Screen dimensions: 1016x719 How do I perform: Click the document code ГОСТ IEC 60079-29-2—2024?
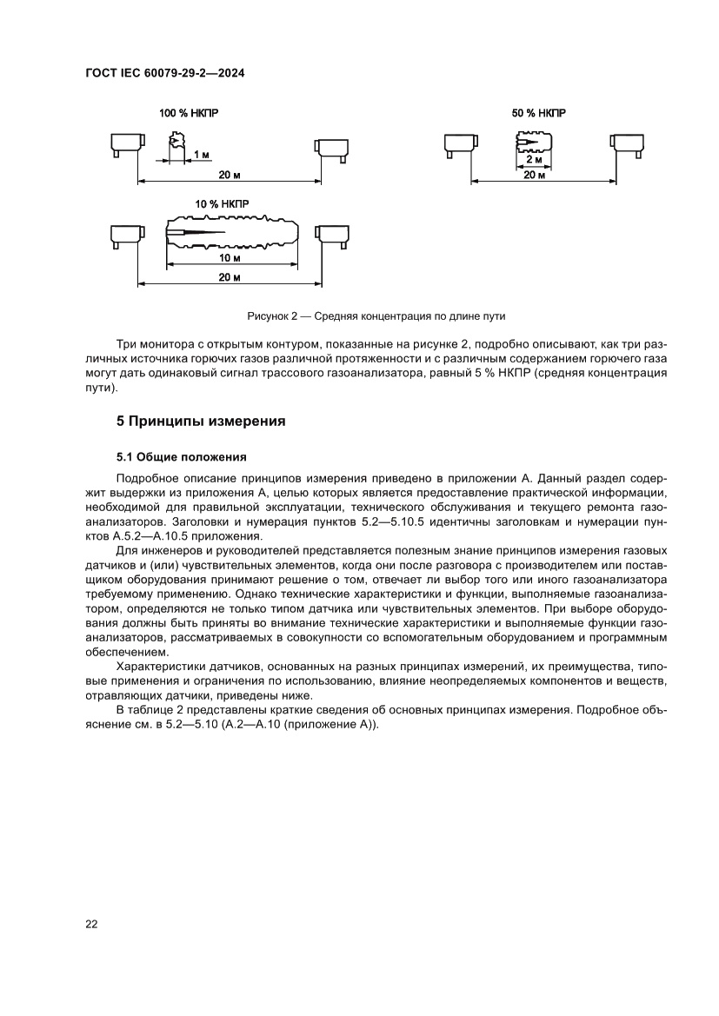click(x=164, y=75)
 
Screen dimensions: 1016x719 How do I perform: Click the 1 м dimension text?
click(x=201, y=154)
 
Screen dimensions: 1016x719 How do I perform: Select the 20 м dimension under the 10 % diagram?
click(x=229, y=276)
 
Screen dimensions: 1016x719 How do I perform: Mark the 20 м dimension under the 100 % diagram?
click(x=230, y=175)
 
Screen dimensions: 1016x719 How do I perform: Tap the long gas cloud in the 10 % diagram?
click(x=233, y=234)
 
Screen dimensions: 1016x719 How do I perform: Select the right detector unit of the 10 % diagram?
click(x=331, y=235)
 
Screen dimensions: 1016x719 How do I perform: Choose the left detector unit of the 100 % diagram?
click(x=126, y=143)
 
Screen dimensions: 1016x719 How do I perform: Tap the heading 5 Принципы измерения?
click(x=202, y=422)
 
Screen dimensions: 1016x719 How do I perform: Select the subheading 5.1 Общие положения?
click(x=182, y=456)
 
